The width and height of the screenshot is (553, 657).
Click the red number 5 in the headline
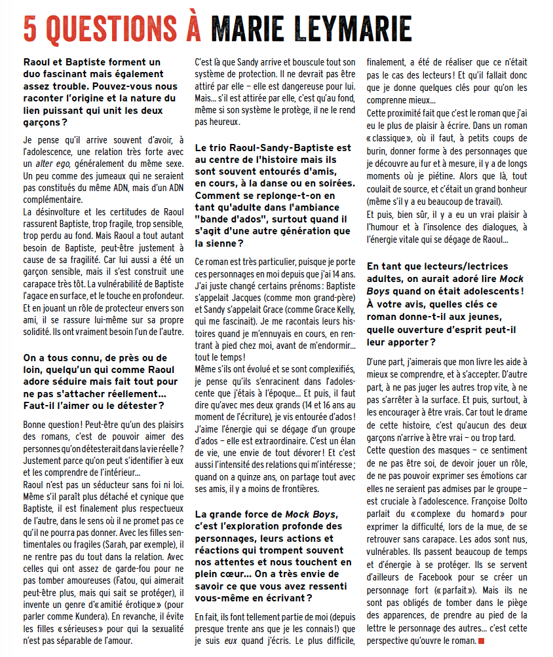coord(31,29)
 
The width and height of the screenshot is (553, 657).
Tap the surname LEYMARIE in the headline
coord(345,29)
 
